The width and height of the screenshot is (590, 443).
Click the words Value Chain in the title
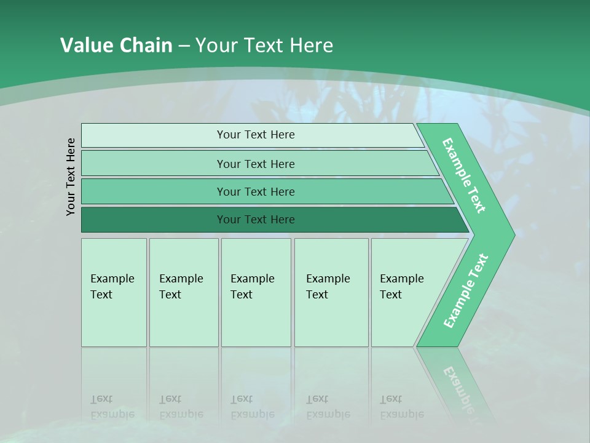pyautogui.click(x=116, y=46)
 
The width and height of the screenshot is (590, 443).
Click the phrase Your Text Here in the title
pyautogui.click(x=264, y=46)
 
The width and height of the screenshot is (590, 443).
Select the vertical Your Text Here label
pyautogui.click(x=71, y=177)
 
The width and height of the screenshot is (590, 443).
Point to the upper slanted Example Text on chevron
pyautogui.click(x=464, y=175)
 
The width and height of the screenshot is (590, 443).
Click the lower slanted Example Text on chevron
pyautogui.click(x=466, y=291)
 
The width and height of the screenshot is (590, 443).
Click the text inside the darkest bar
pyautogui.click(x=256, y=220)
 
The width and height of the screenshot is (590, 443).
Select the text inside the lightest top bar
pyautogui.click(x=256, y=135)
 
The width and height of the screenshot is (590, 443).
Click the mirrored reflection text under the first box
pyautogui.click(x=112, y=407)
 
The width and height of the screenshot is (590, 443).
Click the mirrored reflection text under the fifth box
pyautogui.click(x=401, y=407)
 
